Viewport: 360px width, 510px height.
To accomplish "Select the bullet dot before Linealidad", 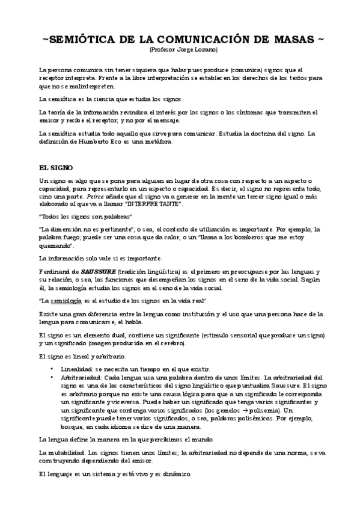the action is coord(53,368).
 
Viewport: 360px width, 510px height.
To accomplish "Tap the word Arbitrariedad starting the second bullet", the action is coord(79,376).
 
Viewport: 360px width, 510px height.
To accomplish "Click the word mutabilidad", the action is coord(66,452).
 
